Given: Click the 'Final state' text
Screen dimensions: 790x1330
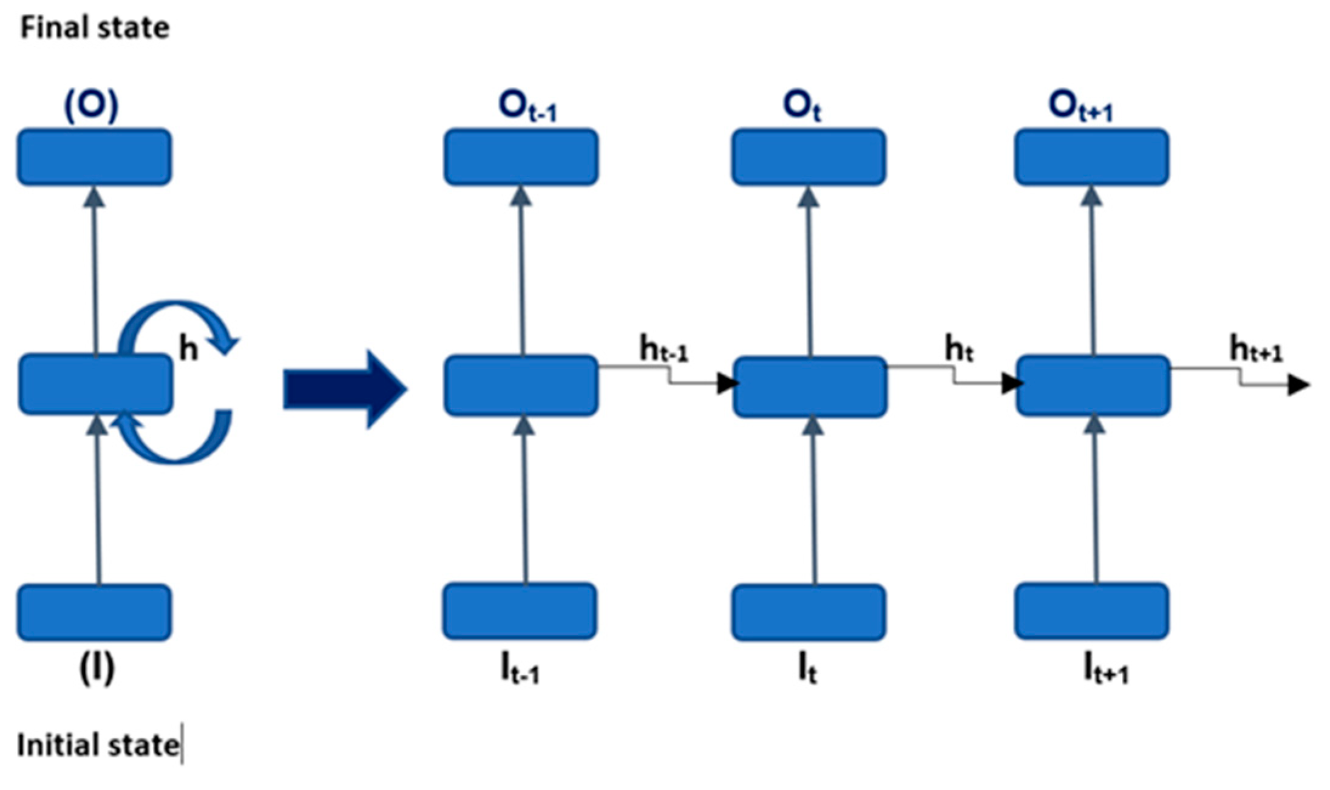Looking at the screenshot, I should [95, 28].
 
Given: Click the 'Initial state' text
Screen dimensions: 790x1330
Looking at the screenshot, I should [97, 744].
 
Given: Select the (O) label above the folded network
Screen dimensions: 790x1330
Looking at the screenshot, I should [92, 106].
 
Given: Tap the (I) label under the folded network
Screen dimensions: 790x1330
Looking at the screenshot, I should [97, 669].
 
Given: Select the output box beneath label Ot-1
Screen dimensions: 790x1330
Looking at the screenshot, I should [521, 157].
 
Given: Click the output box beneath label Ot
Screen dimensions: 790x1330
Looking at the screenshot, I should [808, 157].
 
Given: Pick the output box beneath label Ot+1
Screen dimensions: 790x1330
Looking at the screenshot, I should [1091, 157].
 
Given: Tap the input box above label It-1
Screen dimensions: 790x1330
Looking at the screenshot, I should [520, 611].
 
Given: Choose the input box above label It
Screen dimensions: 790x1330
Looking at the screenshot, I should [808, 612].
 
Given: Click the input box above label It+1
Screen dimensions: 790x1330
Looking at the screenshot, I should [1091, 611].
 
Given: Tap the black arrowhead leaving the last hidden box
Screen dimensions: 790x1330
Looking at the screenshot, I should [1298, 385].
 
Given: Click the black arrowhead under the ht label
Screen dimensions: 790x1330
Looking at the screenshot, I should [1011, 383].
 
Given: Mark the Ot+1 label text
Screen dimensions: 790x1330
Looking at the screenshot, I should [1081, 107].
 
